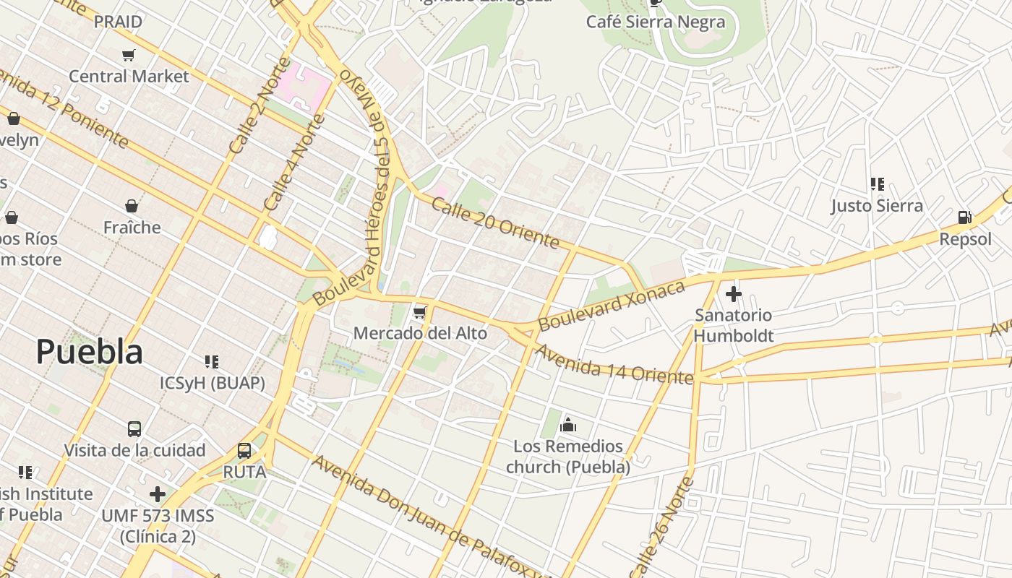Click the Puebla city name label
click(x=89, y=352)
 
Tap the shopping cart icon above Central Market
click(x=129, y=56)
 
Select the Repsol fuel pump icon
click(x=964, y=217)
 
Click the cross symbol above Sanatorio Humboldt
click(x=734, y=294)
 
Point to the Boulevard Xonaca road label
click(x=612, y=306)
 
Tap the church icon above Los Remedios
click(x=568, y=425)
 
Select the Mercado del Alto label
click(x=420, y=333)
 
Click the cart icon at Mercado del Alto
click(x=419, y=313)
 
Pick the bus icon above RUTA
click(x=244, y=451)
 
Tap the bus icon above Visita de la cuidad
click(x=134, y=429)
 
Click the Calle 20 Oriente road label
click(x=495, y=222)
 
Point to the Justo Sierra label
click(x=877, y=206)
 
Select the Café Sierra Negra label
click(x=655, y=22)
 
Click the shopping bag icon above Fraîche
click(x=132, y=207)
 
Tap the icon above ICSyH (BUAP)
click(x=212, y=361)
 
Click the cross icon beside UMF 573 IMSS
click(x=158, y=494)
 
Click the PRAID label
click(x=118, y=22)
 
